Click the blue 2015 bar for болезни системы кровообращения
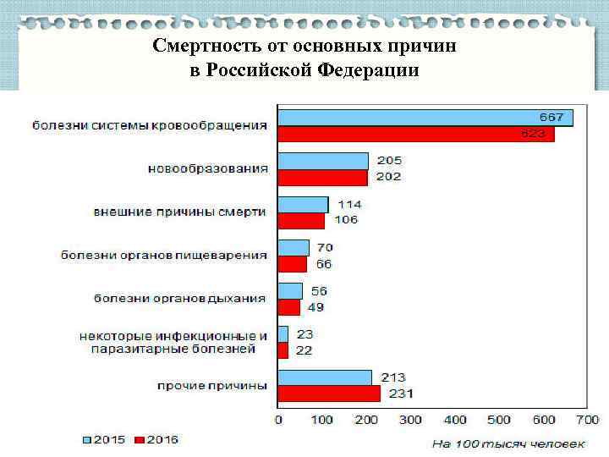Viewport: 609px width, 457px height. tap(425, 118)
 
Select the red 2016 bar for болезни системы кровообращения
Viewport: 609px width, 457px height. tap(416, 134)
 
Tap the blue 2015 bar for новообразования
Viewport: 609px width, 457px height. tap(323, 161)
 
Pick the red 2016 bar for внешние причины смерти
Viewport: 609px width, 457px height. tap(301, 220)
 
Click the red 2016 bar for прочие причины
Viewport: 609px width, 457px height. tap(329, 394)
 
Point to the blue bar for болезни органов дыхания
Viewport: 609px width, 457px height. tap(290, 290)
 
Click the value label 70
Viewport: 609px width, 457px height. tap(325, 247)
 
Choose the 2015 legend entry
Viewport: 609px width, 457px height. tap(104, 440)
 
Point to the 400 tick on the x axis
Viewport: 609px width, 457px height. tap(455, 420)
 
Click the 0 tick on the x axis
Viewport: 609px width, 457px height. tap(279, 420)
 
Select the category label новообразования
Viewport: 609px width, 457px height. tap(208, 168)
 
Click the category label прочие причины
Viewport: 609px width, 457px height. tap(212, 386)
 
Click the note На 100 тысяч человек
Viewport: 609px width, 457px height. tap(508, 443)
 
